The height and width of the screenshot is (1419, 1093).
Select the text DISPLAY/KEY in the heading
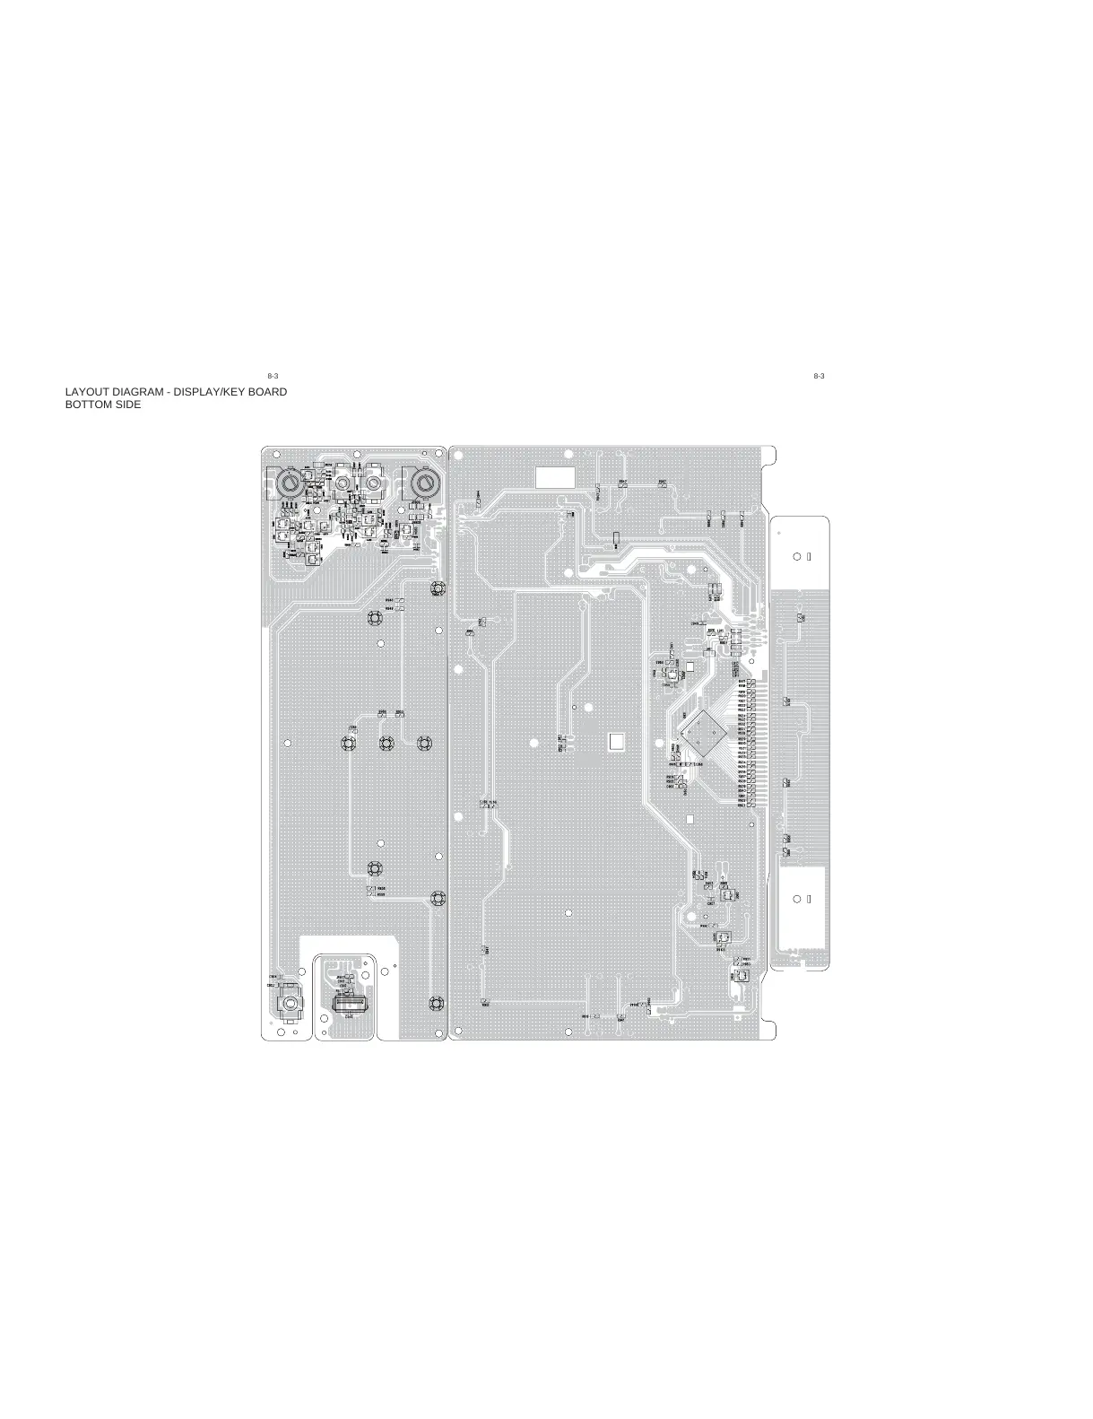pos(205,392)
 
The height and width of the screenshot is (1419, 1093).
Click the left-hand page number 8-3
pos(273,375)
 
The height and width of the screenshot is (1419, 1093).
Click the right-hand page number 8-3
pos(818,375)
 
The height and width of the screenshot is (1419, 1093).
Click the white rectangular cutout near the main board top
pos(553,477)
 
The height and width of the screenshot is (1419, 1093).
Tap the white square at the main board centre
pos(617,741)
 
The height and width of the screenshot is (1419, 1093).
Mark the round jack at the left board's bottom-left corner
pos(290,1005)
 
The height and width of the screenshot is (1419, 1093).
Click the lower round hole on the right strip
pos(798,899)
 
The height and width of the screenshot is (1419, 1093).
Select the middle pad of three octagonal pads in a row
pos(386,743)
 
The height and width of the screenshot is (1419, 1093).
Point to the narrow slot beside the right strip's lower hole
pos(809,899)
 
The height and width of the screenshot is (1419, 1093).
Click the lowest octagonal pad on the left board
pos(437,1003)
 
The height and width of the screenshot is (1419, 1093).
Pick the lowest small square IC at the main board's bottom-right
pos(741,976)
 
